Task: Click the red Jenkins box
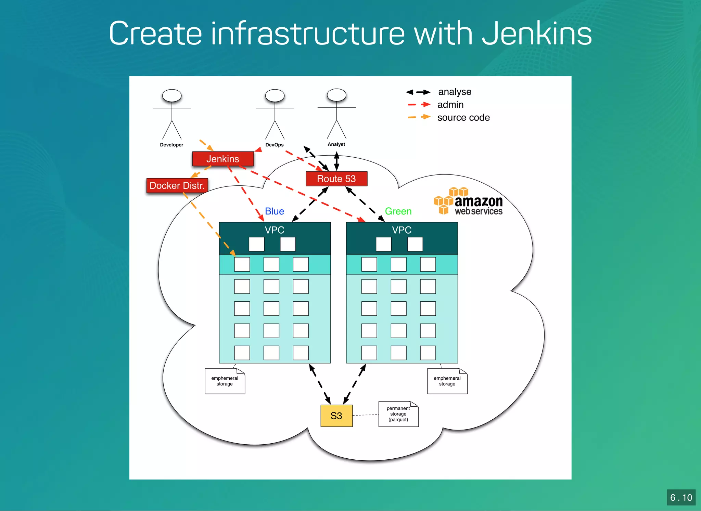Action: tap(223, 159)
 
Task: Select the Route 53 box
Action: tap(336, 179)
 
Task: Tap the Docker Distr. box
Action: tap(177, 186)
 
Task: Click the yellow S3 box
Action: tap(336, 416)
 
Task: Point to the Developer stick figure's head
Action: tap(172, 96)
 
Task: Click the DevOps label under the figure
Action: tap(275, 145)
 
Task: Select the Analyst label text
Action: tap(336, 144)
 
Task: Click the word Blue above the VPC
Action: tap(275, 211)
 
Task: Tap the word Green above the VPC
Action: tap(398, 211)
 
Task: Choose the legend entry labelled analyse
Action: tap(455, 92)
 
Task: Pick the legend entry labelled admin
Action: tap(450, 105)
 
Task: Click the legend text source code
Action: tap(463, 118)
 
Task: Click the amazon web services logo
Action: tap(469, 202)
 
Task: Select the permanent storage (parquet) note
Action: tap(398, 414)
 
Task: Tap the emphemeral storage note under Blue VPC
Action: tap(225, 381)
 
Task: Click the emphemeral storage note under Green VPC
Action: tap(447, 381)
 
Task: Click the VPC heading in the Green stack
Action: tap(402, 230)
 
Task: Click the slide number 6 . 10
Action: tap(681, 497)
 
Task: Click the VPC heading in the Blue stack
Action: tap(275, 230)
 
